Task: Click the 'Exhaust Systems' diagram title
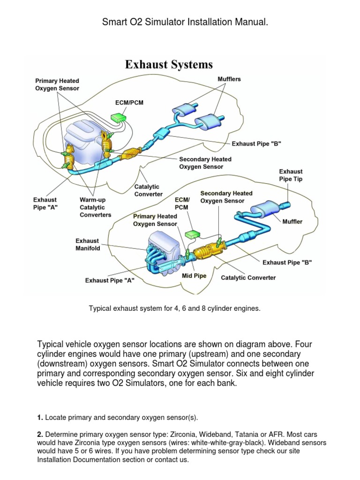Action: [x=169, y=64]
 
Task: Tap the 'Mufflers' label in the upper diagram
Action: [x=229, y=79]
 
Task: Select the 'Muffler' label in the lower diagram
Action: [x=292, y=221]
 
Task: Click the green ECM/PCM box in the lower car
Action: [x=192, y=233]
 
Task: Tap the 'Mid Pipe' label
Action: [x=194, y=276]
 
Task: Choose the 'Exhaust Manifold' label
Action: [x=88, y=245]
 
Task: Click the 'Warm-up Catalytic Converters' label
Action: [x=95, y=207]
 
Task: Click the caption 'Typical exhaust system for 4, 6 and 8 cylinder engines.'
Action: [x=174, y=308]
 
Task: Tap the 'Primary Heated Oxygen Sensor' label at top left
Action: [x=57, y=84]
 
